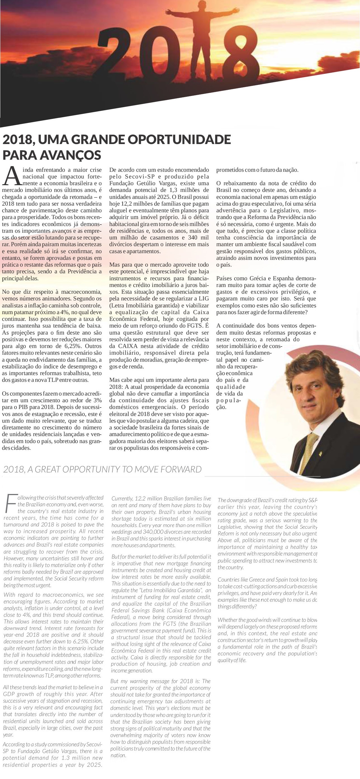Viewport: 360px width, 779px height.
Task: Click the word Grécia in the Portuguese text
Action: (257, 278)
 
